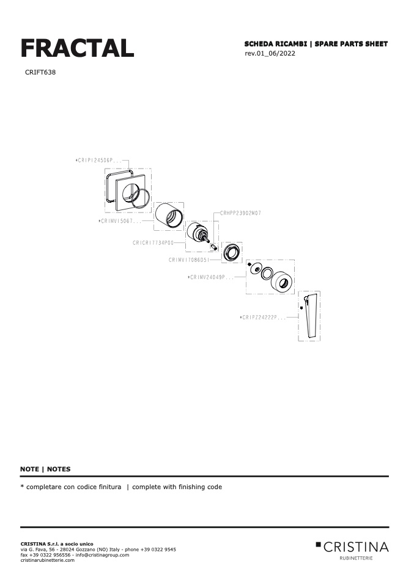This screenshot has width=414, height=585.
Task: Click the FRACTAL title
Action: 77,48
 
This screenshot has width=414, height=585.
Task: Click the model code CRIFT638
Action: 40,73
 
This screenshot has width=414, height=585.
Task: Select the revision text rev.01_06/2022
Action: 270,53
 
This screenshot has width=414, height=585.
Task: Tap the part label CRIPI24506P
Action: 98,161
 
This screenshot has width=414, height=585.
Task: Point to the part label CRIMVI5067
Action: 120,221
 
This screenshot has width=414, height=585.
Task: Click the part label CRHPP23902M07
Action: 240,213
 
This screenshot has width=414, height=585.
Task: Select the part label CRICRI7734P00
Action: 153,243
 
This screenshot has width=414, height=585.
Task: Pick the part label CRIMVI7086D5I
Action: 189,260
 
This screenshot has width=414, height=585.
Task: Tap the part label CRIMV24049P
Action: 211,277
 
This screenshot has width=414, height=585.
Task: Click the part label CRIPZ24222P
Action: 263,318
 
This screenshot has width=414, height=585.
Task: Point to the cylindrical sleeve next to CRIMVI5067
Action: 169,216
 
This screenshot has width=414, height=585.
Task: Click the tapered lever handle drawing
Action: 311,316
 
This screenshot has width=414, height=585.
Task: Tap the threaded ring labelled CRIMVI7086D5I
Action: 232,253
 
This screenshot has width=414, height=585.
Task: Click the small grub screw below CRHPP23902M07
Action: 213,247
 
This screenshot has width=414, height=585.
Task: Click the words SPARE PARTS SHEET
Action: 351,44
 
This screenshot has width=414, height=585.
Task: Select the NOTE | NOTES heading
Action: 45,470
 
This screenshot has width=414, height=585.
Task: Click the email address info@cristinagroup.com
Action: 102,555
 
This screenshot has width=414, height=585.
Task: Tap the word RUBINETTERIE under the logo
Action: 356,558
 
